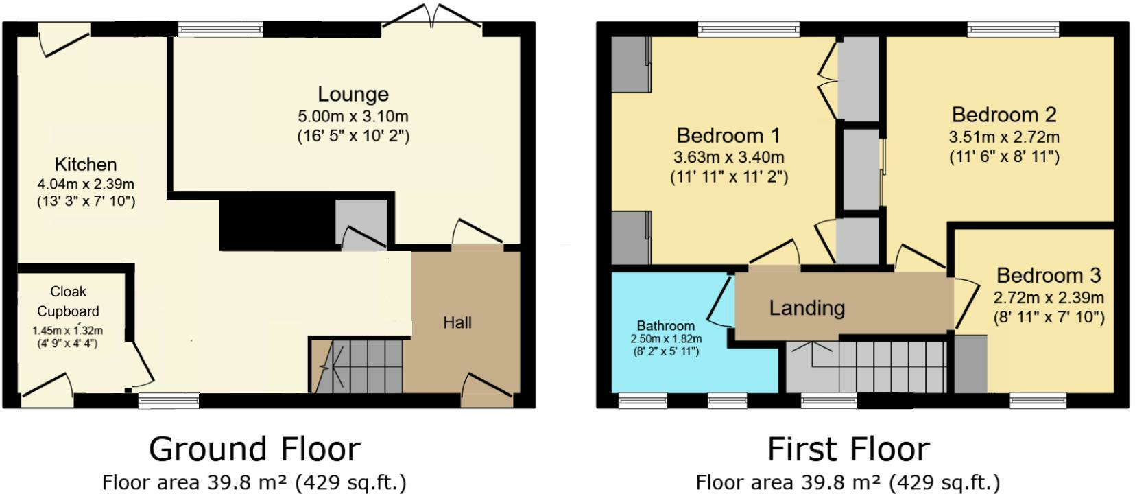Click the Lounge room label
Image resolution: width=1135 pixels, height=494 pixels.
[x=353, y=94]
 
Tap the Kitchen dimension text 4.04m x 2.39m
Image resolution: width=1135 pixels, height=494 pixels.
[x=86, y=184]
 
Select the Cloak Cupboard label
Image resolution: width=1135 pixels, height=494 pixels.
[x=68, y=301]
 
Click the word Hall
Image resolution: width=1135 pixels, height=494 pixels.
[x=457, y=322]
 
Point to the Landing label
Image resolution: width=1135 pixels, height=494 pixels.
[x=807, y=307]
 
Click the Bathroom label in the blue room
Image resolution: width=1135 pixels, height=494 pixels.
[x=665, y=325]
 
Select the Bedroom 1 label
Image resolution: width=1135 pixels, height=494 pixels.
[x=728, y=134]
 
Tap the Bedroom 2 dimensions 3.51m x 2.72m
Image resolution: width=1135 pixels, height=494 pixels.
[x=1004, y=137]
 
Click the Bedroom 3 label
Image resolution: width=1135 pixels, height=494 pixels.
[x=1048, y=275]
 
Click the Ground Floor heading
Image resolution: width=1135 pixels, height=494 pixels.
[x=254, y=449]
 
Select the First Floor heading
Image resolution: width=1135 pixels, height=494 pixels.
[x=848, y=449]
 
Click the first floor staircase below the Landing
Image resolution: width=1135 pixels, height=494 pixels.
[x=885, y=367]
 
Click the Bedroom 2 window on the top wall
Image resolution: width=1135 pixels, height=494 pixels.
[x=1013, y=28]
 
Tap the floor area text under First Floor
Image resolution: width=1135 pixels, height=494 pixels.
[x=848, y=482]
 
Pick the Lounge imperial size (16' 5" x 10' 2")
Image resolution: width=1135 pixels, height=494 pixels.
[x=353, y=136]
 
